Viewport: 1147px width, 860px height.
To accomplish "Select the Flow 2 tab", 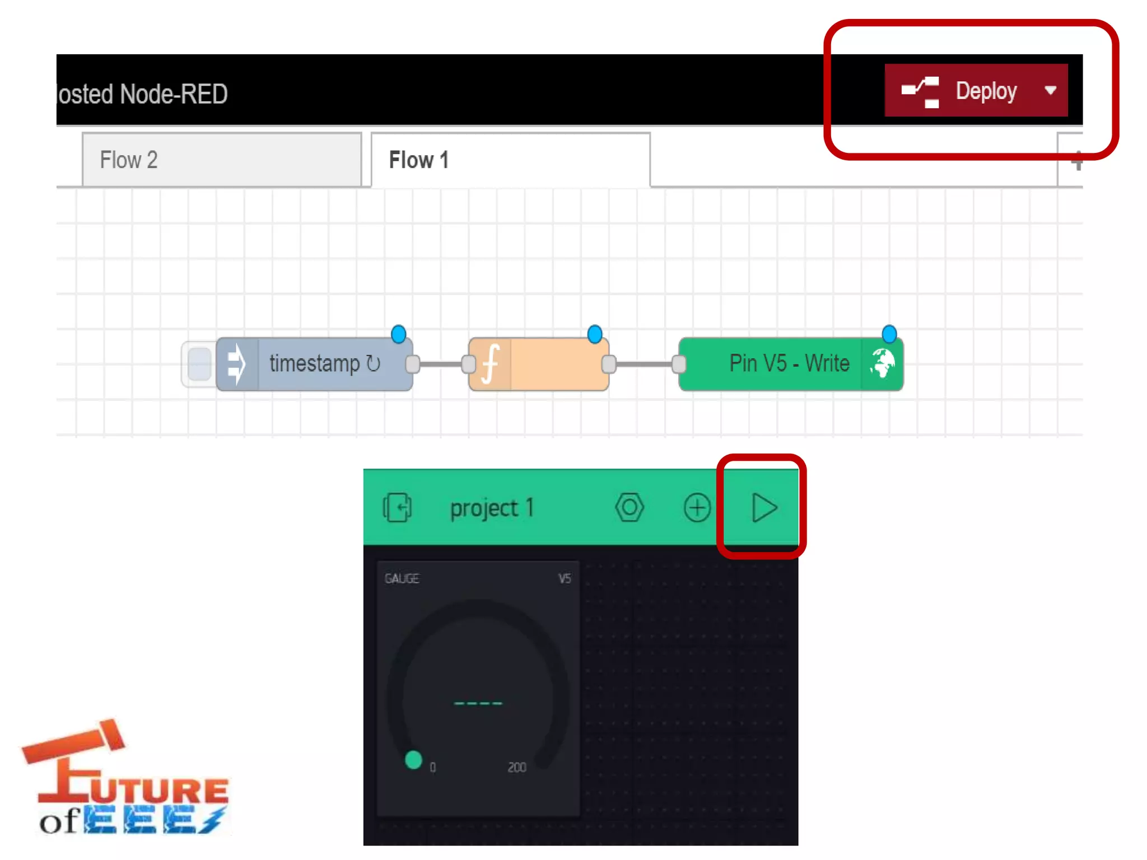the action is point(221,160).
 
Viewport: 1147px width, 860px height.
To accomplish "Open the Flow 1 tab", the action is point(510,160).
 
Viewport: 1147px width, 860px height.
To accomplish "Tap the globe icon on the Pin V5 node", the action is point(882,364).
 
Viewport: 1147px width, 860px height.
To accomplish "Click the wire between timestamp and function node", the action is point(441,364).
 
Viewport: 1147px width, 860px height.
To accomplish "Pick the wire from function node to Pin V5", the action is point(644,364).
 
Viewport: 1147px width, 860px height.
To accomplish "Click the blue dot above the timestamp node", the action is point(398,334).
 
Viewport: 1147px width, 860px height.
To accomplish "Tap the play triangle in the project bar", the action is point(763,508).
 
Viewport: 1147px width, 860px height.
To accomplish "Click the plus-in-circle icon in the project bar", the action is point(697,508).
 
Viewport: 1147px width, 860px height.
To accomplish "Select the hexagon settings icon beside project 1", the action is point(630,508).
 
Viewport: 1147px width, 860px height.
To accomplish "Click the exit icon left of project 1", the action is point(397,508).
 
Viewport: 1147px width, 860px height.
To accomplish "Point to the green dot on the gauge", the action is point(413,760).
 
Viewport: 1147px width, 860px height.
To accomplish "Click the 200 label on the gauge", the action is point(516,767).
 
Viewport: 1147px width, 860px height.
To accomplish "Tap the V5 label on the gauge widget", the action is point(564,578).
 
